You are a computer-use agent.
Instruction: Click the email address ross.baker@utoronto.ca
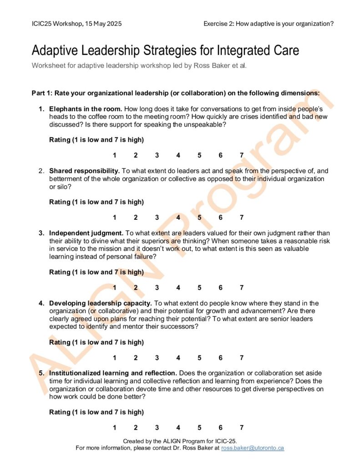click(253, 448)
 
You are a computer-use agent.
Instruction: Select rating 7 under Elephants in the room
click(242, 155)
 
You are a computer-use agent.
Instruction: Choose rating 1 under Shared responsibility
click(115, 218)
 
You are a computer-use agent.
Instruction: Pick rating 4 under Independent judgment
click(178, 288)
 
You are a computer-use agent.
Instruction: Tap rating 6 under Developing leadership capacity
click(220, 358)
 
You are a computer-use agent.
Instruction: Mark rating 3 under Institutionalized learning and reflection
click(157, 428)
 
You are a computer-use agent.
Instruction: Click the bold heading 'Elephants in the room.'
click(86, 109)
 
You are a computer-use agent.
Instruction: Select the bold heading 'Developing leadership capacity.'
click(101, 303)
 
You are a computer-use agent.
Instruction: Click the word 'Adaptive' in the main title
click(56, 50)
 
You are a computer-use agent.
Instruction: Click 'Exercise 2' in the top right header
click(219, 24)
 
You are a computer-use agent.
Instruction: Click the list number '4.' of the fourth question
click(41, 303)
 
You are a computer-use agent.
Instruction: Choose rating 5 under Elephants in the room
click(199, 155)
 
